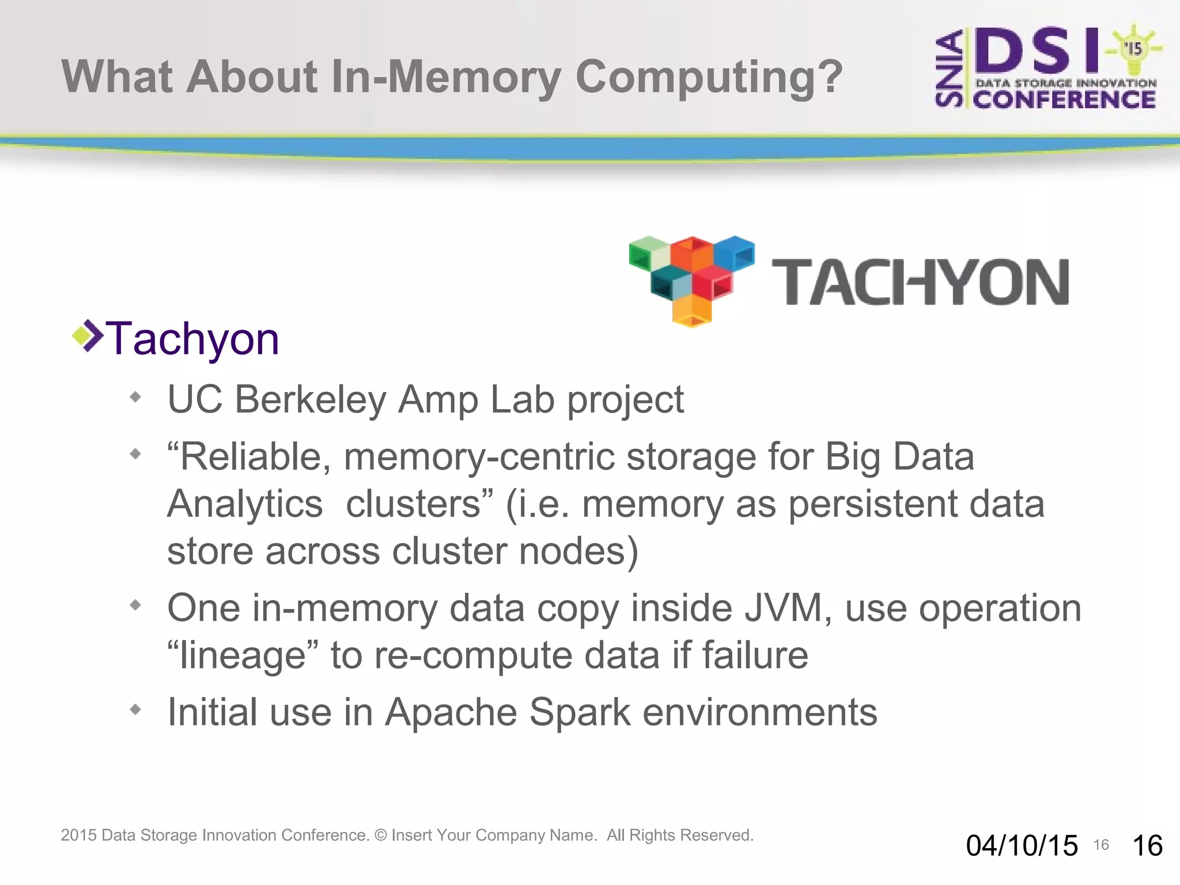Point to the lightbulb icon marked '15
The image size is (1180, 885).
[x=1133, y=49]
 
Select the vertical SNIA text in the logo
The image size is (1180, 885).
[x=949, y=69]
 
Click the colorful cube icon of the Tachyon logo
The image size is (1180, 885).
[x=691, y=280]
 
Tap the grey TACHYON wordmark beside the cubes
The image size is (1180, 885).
[x=920, y=282]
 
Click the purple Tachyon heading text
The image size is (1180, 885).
[x=192, y=339]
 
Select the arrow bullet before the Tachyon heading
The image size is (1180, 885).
[x=87, y=335]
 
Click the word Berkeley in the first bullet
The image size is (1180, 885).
[x=311, y=399]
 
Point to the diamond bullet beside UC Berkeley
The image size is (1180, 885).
[x=135, y=396]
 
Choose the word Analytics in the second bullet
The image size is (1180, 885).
[x=245, y=504]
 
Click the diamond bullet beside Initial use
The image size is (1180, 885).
[x=135, y=709]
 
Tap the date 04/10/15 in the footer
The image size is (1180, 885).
[x=1022, y=846]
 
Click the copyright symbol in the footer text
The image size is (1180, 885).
[x=381, y=835]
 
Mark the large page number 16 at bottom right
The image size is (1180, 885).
[x=1147, y=846]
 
